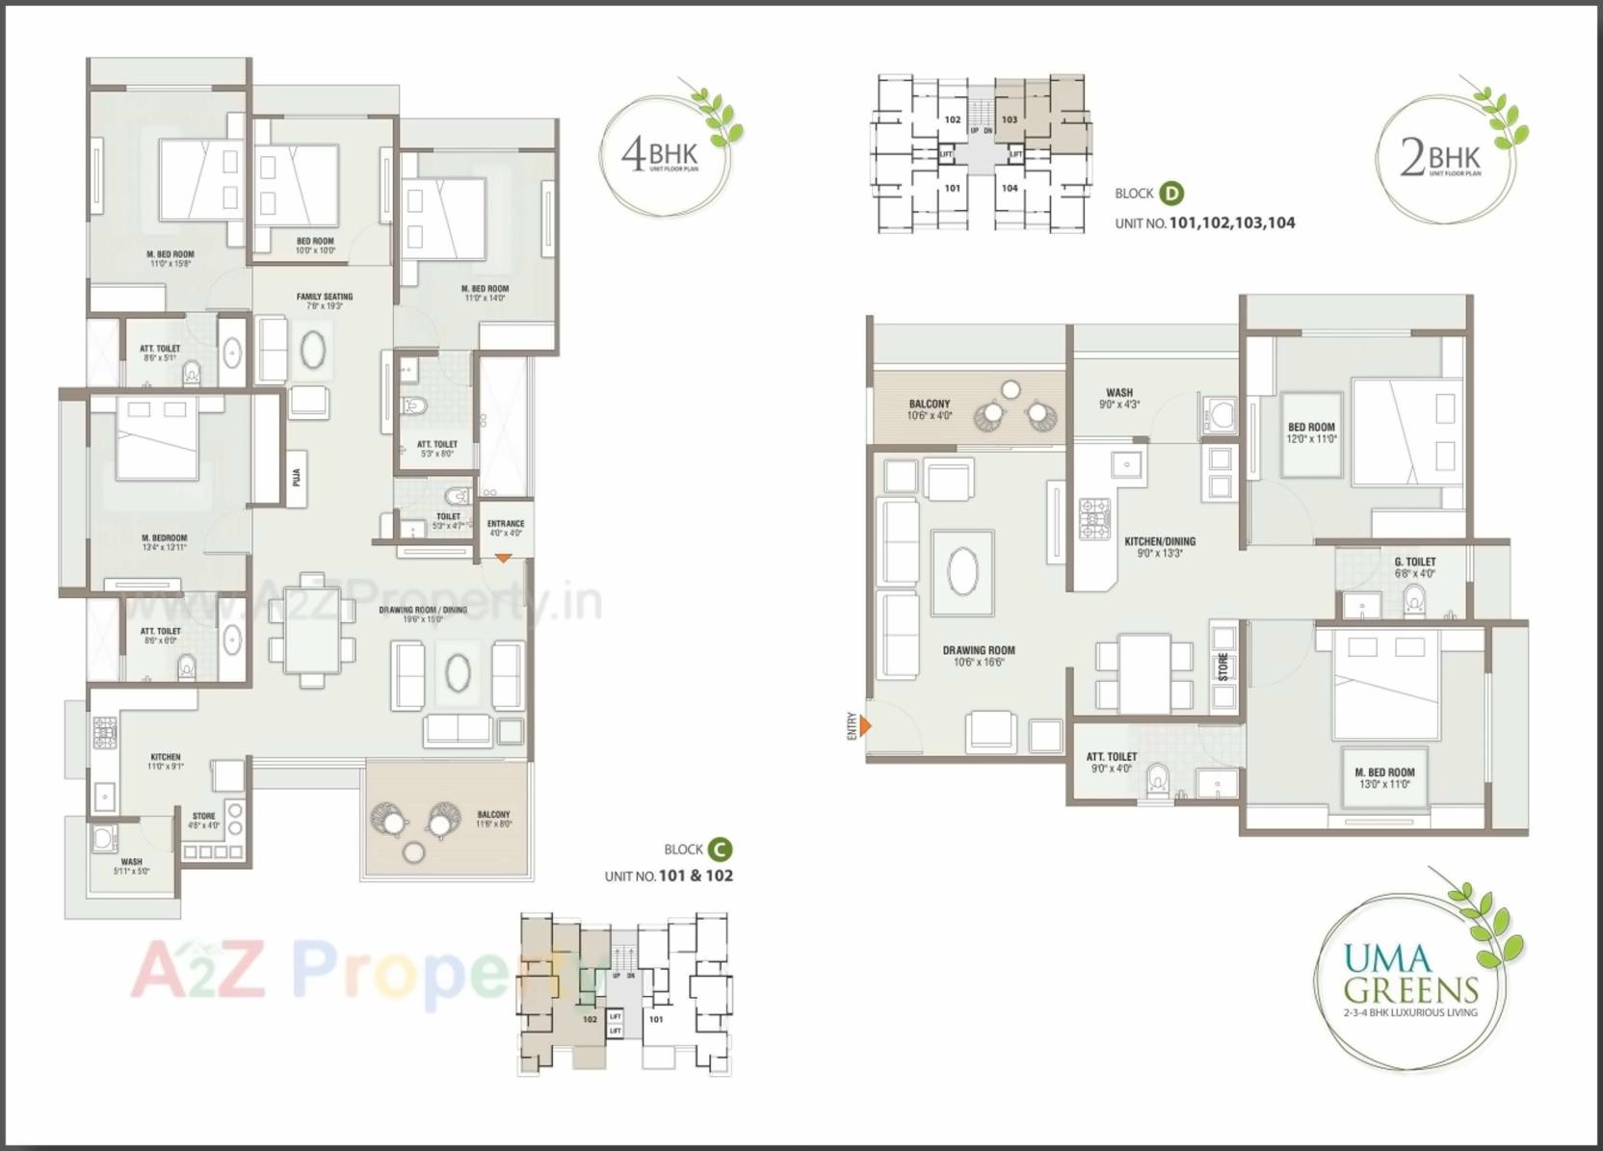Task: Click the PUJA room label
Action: [x=297, y=477]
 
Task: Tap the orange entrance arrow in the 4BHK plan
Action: [x=503, y=558]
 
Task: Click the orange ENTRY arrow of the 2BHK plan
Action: [x=865, y=725]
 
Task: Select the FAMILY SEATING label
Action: [x=325, y=301]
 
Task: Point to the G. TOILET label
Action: [x=1414, y=566]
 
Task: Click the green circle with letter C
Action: [x=720, y=850]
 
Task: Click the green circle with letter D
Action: [x=1170, y=193]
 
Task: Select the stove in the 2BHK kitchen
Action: [x=1095, y=518]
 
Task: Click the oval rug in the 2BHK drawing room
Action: [x=962, y=572]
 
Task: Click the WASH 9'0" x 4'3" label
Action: [x=1119, y=398]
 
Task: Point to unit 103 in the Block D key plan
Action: [x=1010, y=120]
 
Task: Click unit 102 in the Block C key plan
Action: [x=590, y=1018]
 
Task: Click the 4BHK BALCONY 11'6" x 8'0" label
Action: [x=493, y=819]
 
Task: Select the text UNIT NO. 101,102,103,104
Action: [x=1204, y=222]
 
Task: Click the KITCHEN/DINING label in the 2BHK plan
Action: [x=1160, y=547]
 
